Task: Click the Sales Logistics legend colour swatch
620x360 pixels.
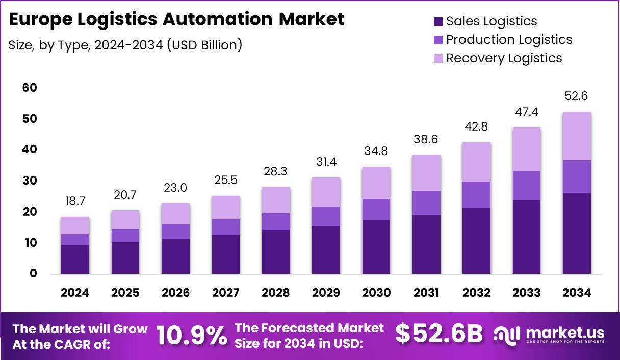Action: [x=438, y=21]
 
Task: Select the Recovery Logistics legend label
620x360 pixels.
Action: [x=504, y=58]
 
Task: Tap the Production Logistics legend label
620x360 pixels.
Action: [x=509, y=40]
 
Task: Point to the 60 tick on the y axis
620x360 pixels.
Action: [x=30, y=88]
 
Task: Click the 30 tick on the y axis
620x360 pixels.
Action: [x=30, y=181]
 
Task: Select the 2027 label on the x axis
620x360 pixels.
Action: [x=226, y=293]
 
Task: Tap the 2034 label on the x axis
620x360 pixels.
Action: [x=577, y=293]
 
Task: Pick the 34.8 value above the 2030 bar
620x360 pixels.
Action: [x=376, y=151]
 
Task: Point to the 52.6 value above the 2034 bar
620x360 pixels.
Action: [x=577, y=96]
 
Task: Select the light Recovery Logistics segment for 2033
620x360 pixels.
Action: [x=527, y=149]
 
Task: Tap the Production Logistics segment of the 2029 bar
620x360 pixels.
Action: [x=326, y=216]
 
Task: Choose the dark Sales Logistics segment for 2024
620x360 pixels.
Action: [x=75, y=260]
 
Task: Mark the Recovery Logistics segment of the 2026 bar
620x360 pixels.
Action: [x=175, y=214]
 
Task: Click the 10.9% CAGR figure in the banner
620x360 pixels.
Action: [x=191, y=335]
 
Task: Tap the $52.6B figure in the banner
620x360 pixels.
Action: [x=439, y=334]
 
